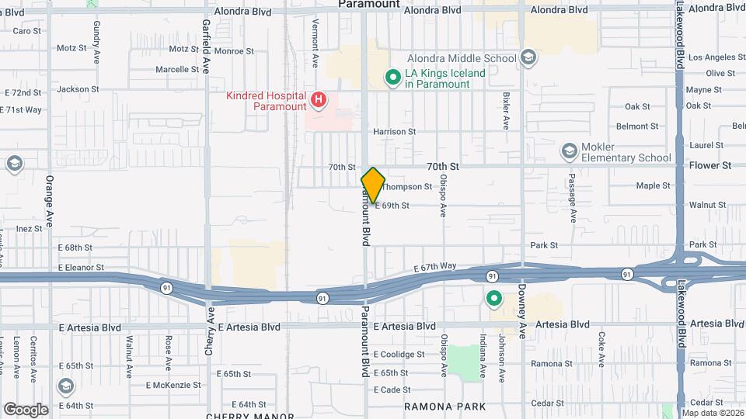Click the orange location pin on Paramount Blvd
pyautogui.click(x=373, y=185)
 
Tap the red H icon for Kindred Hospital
pyautogui.click(x=318, y=99)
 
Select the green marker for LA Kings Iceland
pyautogui.click(x=393, y=78)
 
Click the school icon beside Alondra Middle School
pyautogui.click(x=528, y=57)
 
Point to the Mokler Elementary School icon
pyautogui.click(x=570, y=151)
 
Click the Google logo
pyautogui.click(x=26, y=409)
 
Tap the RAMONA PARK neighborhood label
pyautogui.click(x=445, y=407)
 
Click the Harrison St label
pyautogui.click(x=400, y=132)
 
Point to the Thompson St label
pyautogui.click(x=408, y=187)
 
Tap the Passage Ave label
pyautogui.click(x=572, y=203)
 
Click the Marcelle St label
pyautogui.click(x=177, y=69)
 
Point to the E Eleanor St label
pyautogui.click(x=81, y=268)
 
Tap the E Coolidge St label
pyautogui.click(x=399, y=355)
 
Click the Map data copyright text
pyautogui.click(x=713, y=413)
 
